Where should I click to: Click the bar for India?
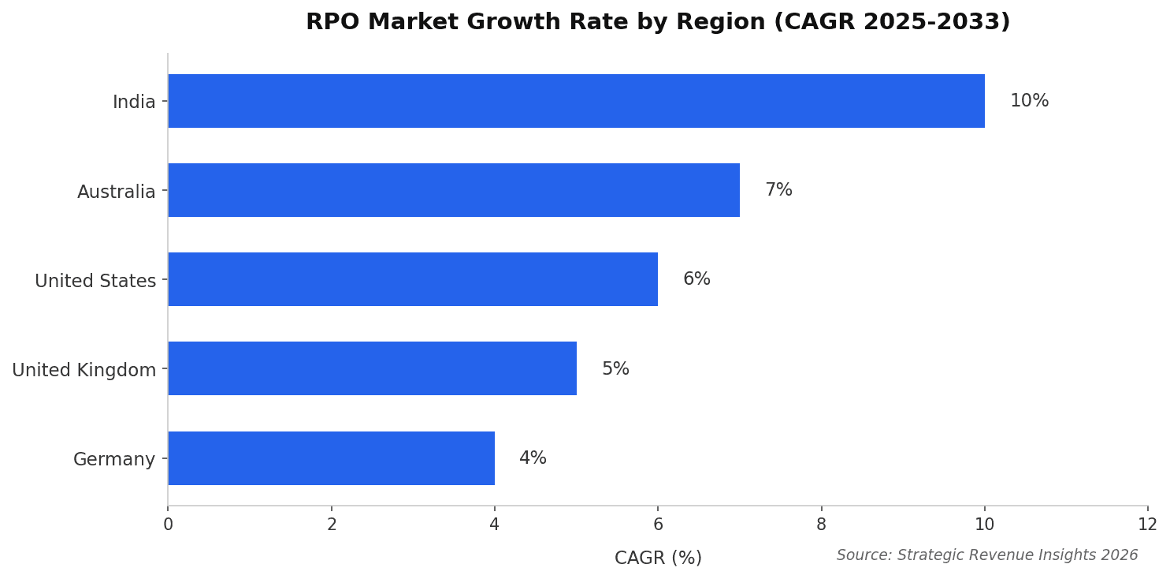576,101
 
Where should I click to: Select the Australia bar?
454,190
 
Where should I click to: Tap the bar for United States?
413,279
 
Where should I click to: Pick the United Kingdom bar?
372,368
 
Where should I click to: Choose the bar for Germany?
331,458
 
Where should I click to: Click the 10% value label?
1029,101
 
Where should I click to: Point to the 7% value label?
778,190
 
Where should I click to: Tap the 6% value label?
696,279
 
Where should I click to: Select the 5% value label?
615,369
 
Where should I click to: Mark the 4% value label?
533,458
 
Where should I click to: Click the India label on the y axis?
134,103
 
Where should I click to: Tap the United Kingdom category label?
84,370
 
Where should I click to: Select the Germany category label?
114,459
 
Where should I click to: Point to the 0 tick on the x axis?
168,525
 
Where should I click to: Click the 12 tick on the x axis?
1147,525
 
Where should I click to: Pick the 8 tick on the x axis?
821,525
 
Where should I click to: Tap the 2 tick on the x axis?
332,525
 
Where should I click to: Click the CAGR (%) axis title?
658,558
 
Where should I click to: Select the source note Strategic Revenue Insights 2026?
986,555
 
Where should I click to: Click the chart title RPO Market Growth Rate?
658,22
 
